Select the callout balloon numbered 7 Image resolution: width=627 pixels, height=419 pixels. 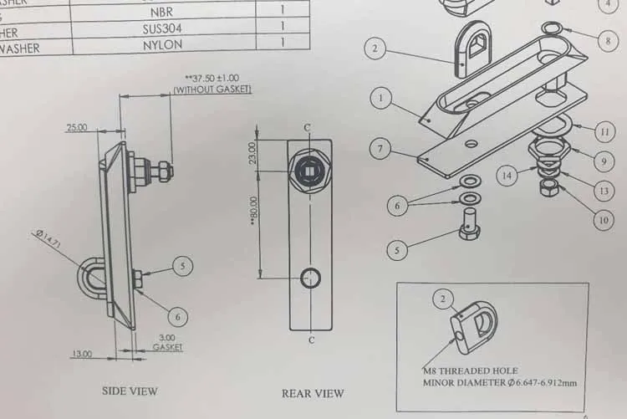click(x=380, y=150)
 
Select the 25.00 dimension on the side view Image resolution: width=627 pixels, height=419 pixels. click(x=77, y=128)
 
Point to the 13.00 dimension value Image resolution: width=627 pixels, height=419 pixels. click(x=81, y=354)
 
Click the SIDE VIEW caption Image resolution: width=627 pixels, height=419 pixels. click(x=130, y=391)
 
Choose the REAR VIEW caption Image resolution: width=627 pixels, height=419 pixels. click(x=313, y=393)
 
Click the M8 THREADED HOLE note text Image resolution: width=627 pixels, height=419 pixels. click(x=470, y=370)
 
